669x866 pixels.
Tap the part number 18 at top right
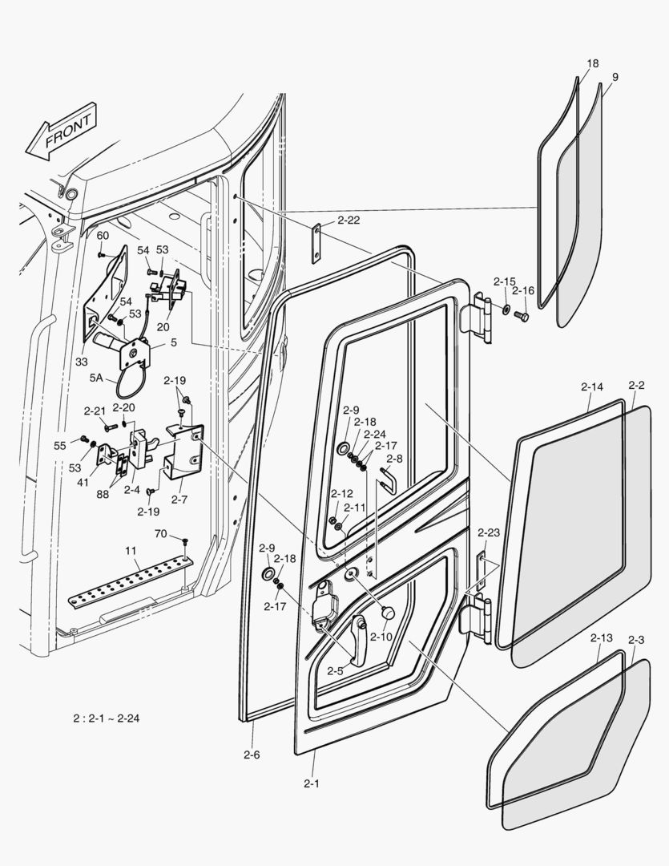[x=592, y=64]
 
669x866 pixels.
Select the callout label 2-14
[x=591, y=386]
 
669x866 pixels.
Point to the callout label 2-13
[x=601, y=638]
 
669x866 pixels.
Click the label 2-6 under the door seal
[x=252, y=755]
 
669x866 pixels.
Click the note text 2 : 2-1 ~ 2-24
[x=106, y=718]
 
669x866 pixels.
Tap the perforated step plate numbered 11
[x=131, y=580]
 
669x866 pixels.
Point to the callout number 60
[x=103, y=235]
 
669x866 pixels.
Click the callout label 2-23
[x=488, y=532]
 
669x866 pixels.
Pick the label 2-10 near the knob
[x=381, y=637]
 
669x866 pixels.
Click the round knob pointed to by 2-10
[x=388, y=613]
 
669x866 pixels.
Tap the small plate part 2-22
[x=317, y=241]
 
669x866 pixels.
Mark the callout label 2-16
[x=523, y=290]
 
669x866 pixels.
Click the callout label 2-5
[x=337, y=670]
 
